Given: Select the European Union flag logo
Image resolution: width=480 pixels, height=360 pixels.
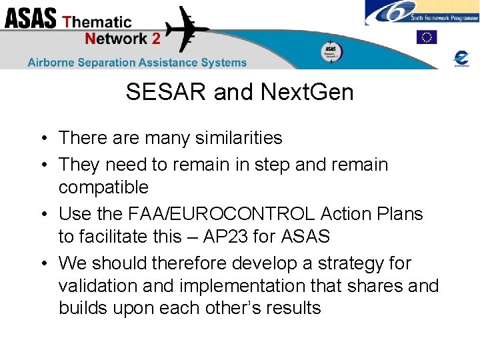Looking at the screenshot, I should tap(427, 37).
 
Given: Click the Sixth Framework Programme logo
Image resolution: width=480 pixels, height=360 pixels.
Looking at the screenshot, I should tap(421, 13).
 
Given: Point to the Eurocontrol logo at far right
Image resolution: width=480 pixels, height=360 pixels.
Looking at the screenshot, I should tap(461, 58).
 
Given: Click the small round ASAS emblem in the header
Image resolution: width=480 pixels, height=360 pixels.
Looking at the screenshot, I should tap(331, 51).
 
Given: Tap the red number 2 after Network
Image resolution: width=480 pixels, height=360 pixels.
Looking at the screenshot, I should tap(156, 38).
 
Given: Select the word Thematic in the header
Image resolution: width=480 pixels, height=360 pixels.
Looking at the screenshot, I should tap(97, 21).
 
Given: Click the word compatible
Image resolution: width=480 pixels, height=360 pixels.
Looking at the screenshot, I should tap(103, 187).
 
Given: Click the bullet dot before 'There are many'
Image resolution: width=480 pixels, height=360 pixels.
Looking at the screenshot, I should tap(41, 139).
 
